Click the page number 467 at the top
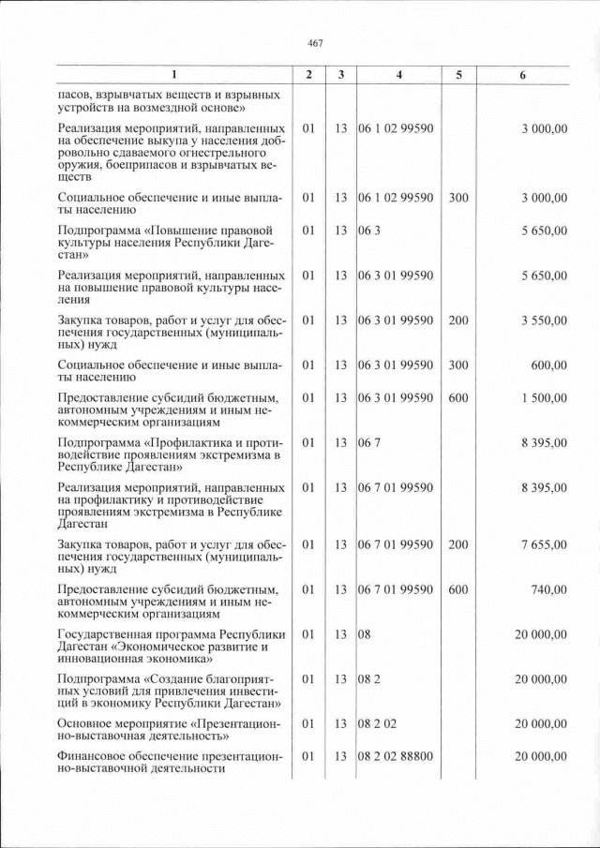(314, 43)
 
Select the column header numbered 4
(398, 75)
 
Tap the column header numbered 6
(522, 75)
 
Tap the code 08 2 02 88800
(396, 757)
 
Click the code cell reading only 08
(365, 634)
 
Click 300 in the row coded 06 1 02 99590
(457, 198)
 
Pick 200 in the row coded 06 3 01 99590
(457, 320)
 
